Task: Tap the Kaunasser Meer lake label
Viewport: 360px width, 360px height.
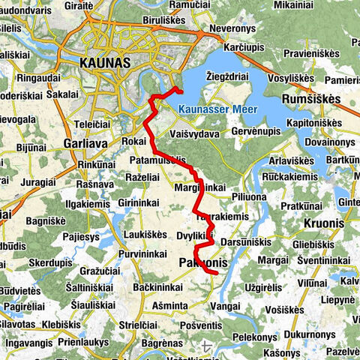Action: click(218, 109)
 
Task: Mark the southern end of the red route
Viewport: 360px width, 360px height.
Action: click(216, 274)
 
